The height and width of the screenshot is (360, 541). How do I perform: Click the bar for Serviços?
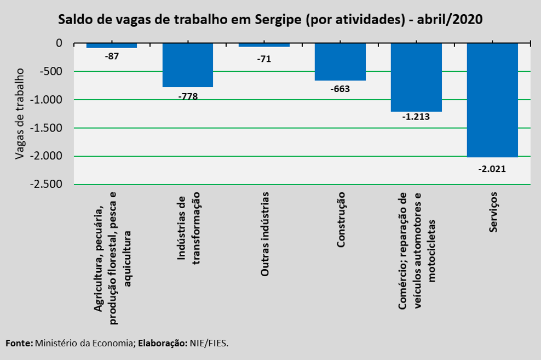[x=492, y=100]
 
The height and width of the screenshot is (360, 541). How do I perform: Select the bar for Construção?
[x=340, y=62]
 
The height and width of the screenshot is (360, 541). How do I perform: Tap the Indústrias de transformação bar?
[x=188, y=65]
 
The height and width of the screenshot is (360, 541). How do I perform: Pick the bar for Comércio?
[x=416, y=77]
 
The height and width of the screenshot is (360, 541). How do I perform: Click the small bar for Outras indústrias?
[x=264, y=45]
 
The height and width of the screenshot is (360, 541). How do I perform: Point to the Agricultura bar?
[x=112, y=45]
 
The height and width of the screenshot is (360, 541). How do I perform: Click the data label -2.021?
[x=492, y=169]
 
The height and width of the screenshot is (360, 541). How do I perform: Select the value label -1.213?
[x=416, y=117]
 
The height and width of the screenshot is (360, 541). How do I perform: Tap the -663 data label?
[x=340, y=89]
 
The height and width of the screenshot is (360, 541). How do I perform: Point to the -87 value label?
[x=112, y=56]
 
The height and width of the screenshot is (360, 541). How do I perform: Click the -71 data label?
[x=264, y=59]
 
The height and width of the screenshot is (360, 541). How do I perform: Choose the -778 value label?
[x=188, y=96]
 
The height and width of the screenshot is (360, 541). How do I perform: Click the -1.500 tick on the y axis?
[x=46, y=128]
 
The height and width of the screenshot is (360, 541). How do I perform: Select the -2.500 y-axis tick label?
[x=46, y=184]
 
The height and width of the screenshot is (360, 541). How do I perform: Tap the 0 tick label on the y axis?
[x=59, y=43]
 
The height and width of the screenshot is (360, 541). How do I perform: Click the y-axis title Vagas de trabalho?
[x=20, y=114]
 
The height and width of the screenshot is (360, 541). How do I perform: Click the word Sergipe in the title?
[x=278, y=20]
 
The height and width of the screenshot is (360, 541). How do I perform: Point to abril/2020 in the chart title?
[x=450, y=19]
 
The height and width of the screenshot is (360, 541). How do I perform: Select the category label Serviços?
[x=493, y=212]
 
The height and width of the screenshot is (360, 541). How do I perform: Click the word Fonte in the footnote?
[x=19, y=343]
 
